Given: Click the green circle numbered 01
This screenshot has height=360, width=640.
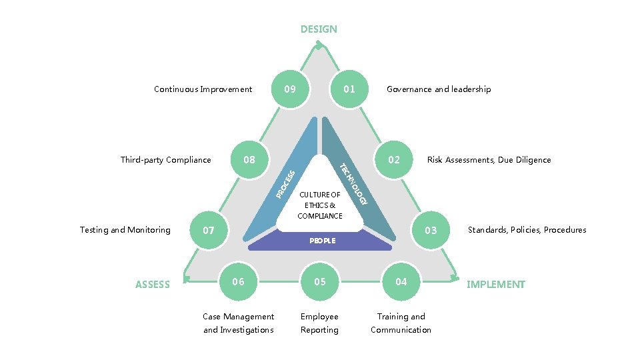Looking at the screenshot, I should pos(349,89).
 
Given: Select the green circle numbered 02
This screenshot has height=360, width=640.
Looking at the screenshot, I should pos(394,159).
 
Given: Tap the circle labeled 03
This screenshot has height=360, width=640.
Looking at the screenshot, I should pos(431,230).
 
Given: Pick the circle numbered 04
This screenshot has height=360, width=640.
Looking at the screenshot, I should pos(401,281).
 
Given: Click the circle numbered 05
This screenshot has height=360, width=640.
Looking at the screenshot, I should pos(320,281).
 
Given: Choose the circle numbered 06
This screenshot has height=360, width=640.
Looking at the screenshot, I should pos(238,281).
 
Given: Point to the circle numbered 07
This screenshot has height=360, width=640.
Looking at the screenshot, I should pos(209,231).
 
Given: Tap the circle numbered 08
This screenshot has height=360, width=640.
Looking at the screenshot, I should pos(249,159).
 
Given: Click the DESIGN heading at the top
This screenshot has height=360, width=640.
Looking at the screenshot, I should pos(319,29).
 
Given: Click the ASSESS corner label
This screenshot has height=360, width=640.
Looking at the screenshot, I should pos(153,285).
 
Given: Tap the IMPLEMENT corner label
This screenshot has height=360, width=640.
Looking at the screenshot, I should pos(495,285).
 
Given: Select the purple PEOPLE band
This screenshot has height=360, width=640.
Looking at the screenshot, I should pos(321,241).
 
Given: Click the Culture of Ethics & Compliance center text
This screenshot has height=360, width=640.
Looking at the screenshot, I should pos(320,205).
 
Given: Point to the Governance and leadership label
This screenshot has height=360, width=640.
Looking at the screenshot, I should pos(439,89).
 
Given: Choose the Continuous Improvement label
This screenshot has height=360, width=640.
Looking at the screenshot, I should pos(203,89).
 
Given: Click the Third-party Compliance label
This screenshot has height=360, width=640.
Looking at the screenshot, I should pos(165,160).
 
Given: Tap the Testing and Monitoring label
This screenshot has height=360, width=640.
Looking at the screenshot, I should pos(125,230).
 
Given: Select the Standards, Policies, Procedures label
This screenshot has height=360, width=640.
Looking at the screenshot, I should pos(527,230).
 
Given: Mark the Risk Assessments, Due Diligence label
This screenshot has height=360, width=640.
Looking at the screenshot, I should pos(489,160).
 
